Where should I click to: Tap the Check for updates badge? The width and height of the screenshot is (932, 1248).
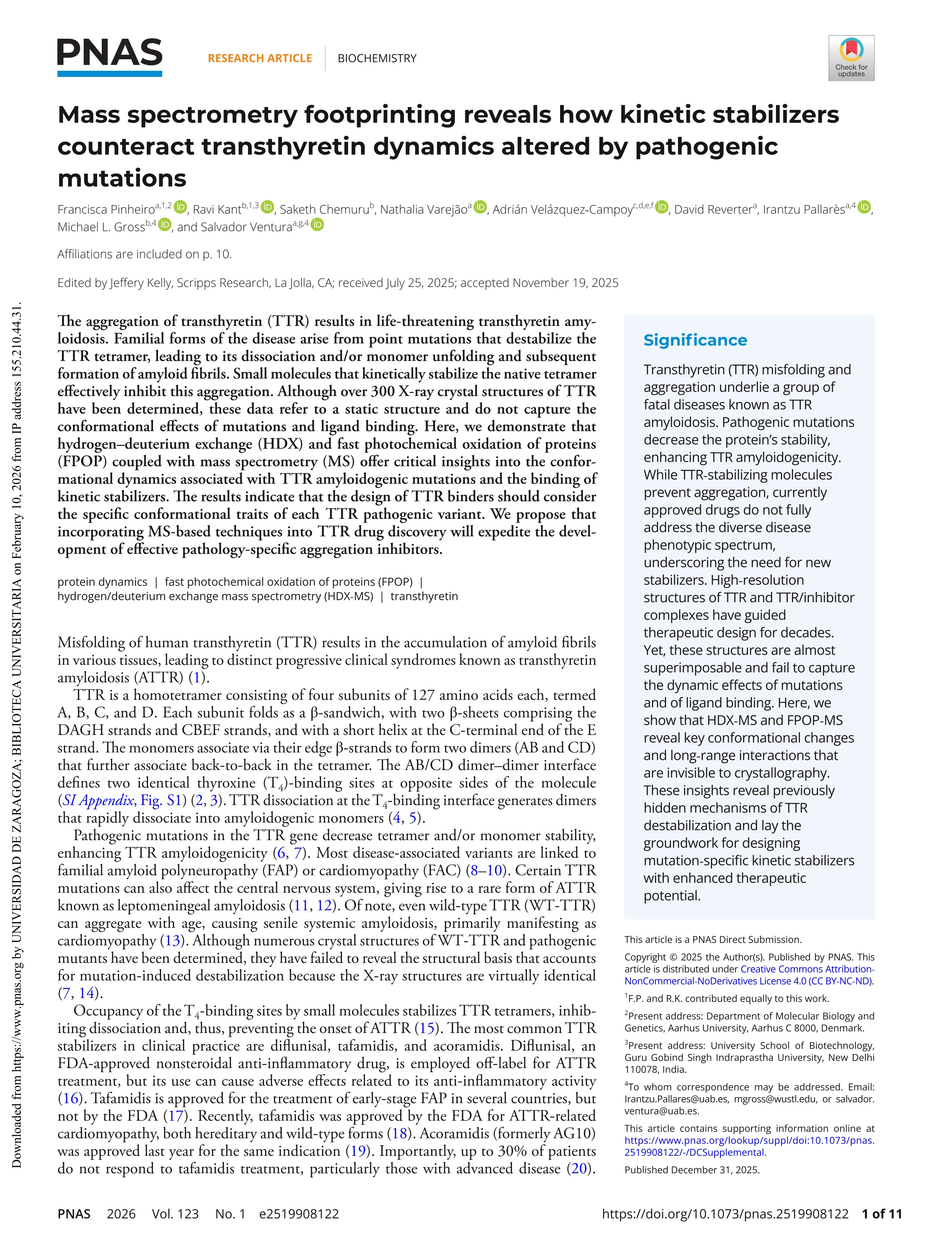pyautogui.click(x=851, y=58)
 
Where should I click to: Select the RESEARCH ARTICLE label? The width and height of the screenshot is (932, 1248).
pyautogui.click(x=259, y=58)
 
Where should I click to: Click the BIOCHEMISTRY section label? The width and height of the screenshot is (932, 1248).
pyautogui.click(x=377, y=58)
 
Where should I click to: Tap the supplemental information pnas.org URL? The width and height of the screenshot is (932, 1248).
pyautogui.click(x=749, y=1140)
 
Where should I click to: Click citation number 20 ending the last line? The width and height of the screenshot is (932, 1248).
pyautogui.click(x=579, y=1168)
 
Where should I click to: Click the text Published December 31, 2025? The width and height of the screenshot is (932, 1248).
pyautogui.click(x=692, y=1170)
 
